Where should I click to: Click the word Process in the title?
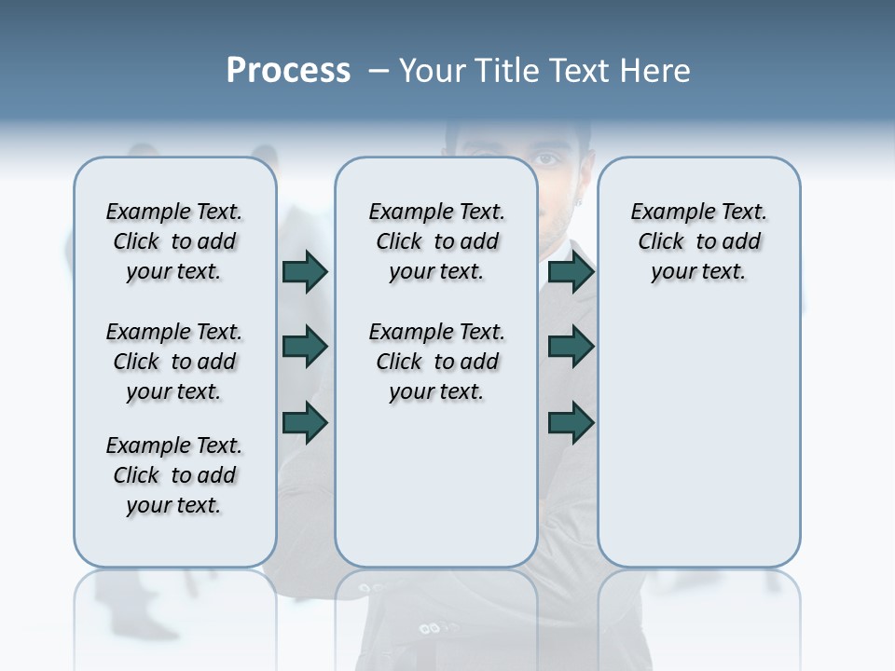[x=288, y=71]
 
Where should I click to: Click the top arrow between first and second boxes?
[x=305, y=271]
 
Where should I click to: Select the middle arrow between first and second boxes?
[x=305, y=347]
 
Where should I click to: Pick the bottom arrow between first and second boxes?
[x=305, y=422]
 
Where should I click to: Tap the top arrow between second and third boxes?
[x=571, y=271]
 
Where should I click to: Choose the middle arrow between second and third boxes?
[x=571, y=347]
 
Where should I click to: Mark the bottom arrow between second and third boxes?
[x=571, y=422]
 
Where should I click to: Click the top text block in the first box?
[x=174, y=241]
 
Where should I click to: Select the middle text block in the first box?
[x=174, y=362]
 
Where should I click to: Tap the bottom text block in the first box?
[x=174, y=475]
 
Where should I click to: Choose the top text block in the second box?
[x=436, y=241]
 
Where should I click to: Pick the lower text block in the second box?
[x=436, y=362]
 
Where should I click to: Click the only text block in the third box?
[x=698, y=241]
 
